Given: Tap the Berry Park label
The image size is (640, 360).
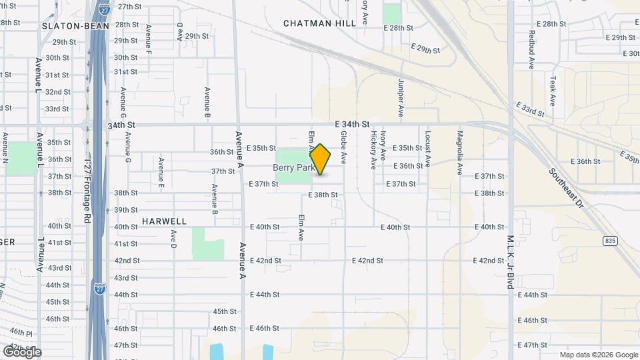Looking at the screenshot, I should point(293,168).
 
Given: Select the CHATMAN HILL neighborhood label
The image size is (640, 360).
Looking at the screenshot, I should point(320,23).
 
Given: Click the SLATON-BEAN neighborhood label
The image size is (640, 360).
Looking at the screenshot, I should point(71,26).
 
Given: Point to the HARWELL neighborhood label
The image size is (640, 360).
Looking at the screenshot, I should point(164,221).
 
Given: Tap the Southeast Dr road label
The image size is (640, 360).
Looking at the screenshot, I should point(567,188).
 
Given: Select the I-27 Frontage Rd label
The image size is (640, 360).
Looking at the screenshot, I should point(87,191).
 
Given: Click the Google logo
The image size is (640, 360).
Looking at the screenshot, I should point(21,351).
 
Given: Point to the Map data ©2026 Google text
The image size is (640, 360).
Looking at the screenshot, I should point(599,355).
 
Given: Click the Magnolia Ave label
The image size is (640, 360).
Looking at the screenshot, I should point(459,153).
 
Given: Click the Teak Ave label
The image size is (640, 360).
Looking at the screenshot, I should point(553,91).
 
